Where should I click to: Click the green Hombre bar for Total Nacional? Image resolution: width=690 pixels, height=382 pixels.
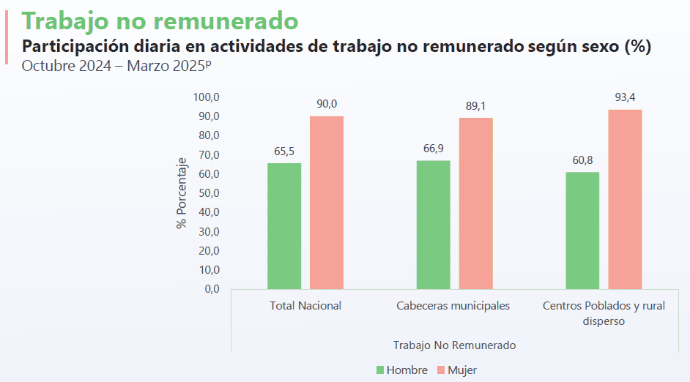[x=284, y=225]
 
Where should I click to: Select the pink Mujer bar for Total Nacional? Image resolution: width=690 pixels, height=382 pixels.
[x=326, y=203]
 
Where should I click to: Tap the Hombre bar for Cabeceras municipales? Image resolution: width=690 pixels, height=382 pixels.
[x=433, y=224]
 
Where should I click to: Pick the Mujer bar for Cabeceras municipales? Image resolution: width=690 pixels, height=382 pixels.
[x=475, y=203]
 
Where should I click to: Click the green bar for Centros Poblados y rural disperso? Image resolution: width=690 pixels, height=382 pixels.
[x=582, y=230]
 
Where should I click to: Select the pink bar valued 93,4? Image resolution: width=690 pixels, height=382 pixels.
[x=625, y=199]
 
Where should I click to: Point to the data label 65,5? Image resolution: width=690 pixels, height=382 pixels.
[x=284, y=151]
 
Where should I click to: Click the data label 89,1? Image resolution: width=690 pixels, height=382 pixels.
[x=475, y=106]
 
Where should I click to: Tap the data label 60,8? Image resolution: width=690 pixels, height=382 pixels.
[x=582, y=160]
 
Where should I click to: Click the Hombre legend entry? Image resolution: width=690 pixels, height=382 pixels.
[x=402, y=370]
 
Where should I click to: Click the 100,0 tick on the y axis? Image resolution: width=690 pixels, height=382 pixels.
[x=206, y=97]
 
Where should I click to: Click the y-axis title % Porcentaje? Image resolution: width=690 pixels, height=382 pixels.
[x=182, y=193]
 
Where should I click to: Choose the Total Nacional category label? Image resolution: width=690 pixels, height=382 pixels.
[x=305, y=306]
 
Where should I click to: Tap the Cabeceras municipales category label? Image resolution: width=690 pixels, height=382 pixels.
[x=453, y=306]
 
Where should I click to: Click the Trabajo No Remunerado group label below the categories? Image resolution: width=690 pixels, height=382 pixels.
[x=454, y=345]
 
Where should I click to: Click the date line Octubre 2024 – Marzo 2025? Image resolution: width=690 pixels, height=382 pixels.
[x=116, y=66]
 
